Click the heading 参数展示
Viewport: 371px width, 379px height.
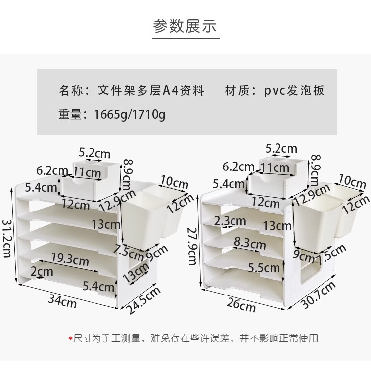click(185, 26)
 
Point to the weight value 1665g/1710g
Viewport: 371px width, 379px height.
click(130, 115)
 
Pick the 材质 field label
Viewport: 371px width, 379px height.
click(237, 91)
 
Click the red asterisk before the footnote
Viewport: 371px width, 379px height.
click(70, 338)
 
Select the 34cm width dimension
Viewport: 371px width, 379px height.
click(62, 300)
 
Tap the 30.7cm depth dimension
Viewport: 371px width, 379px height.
click(320, 295)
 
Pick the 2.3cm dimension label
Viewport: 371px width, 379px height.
click(230, 220)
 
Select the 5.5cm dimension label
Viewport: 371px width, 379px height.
click(264, 268)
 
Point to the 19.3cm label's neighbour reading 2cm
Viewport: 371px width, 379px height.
click(42, 271)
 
